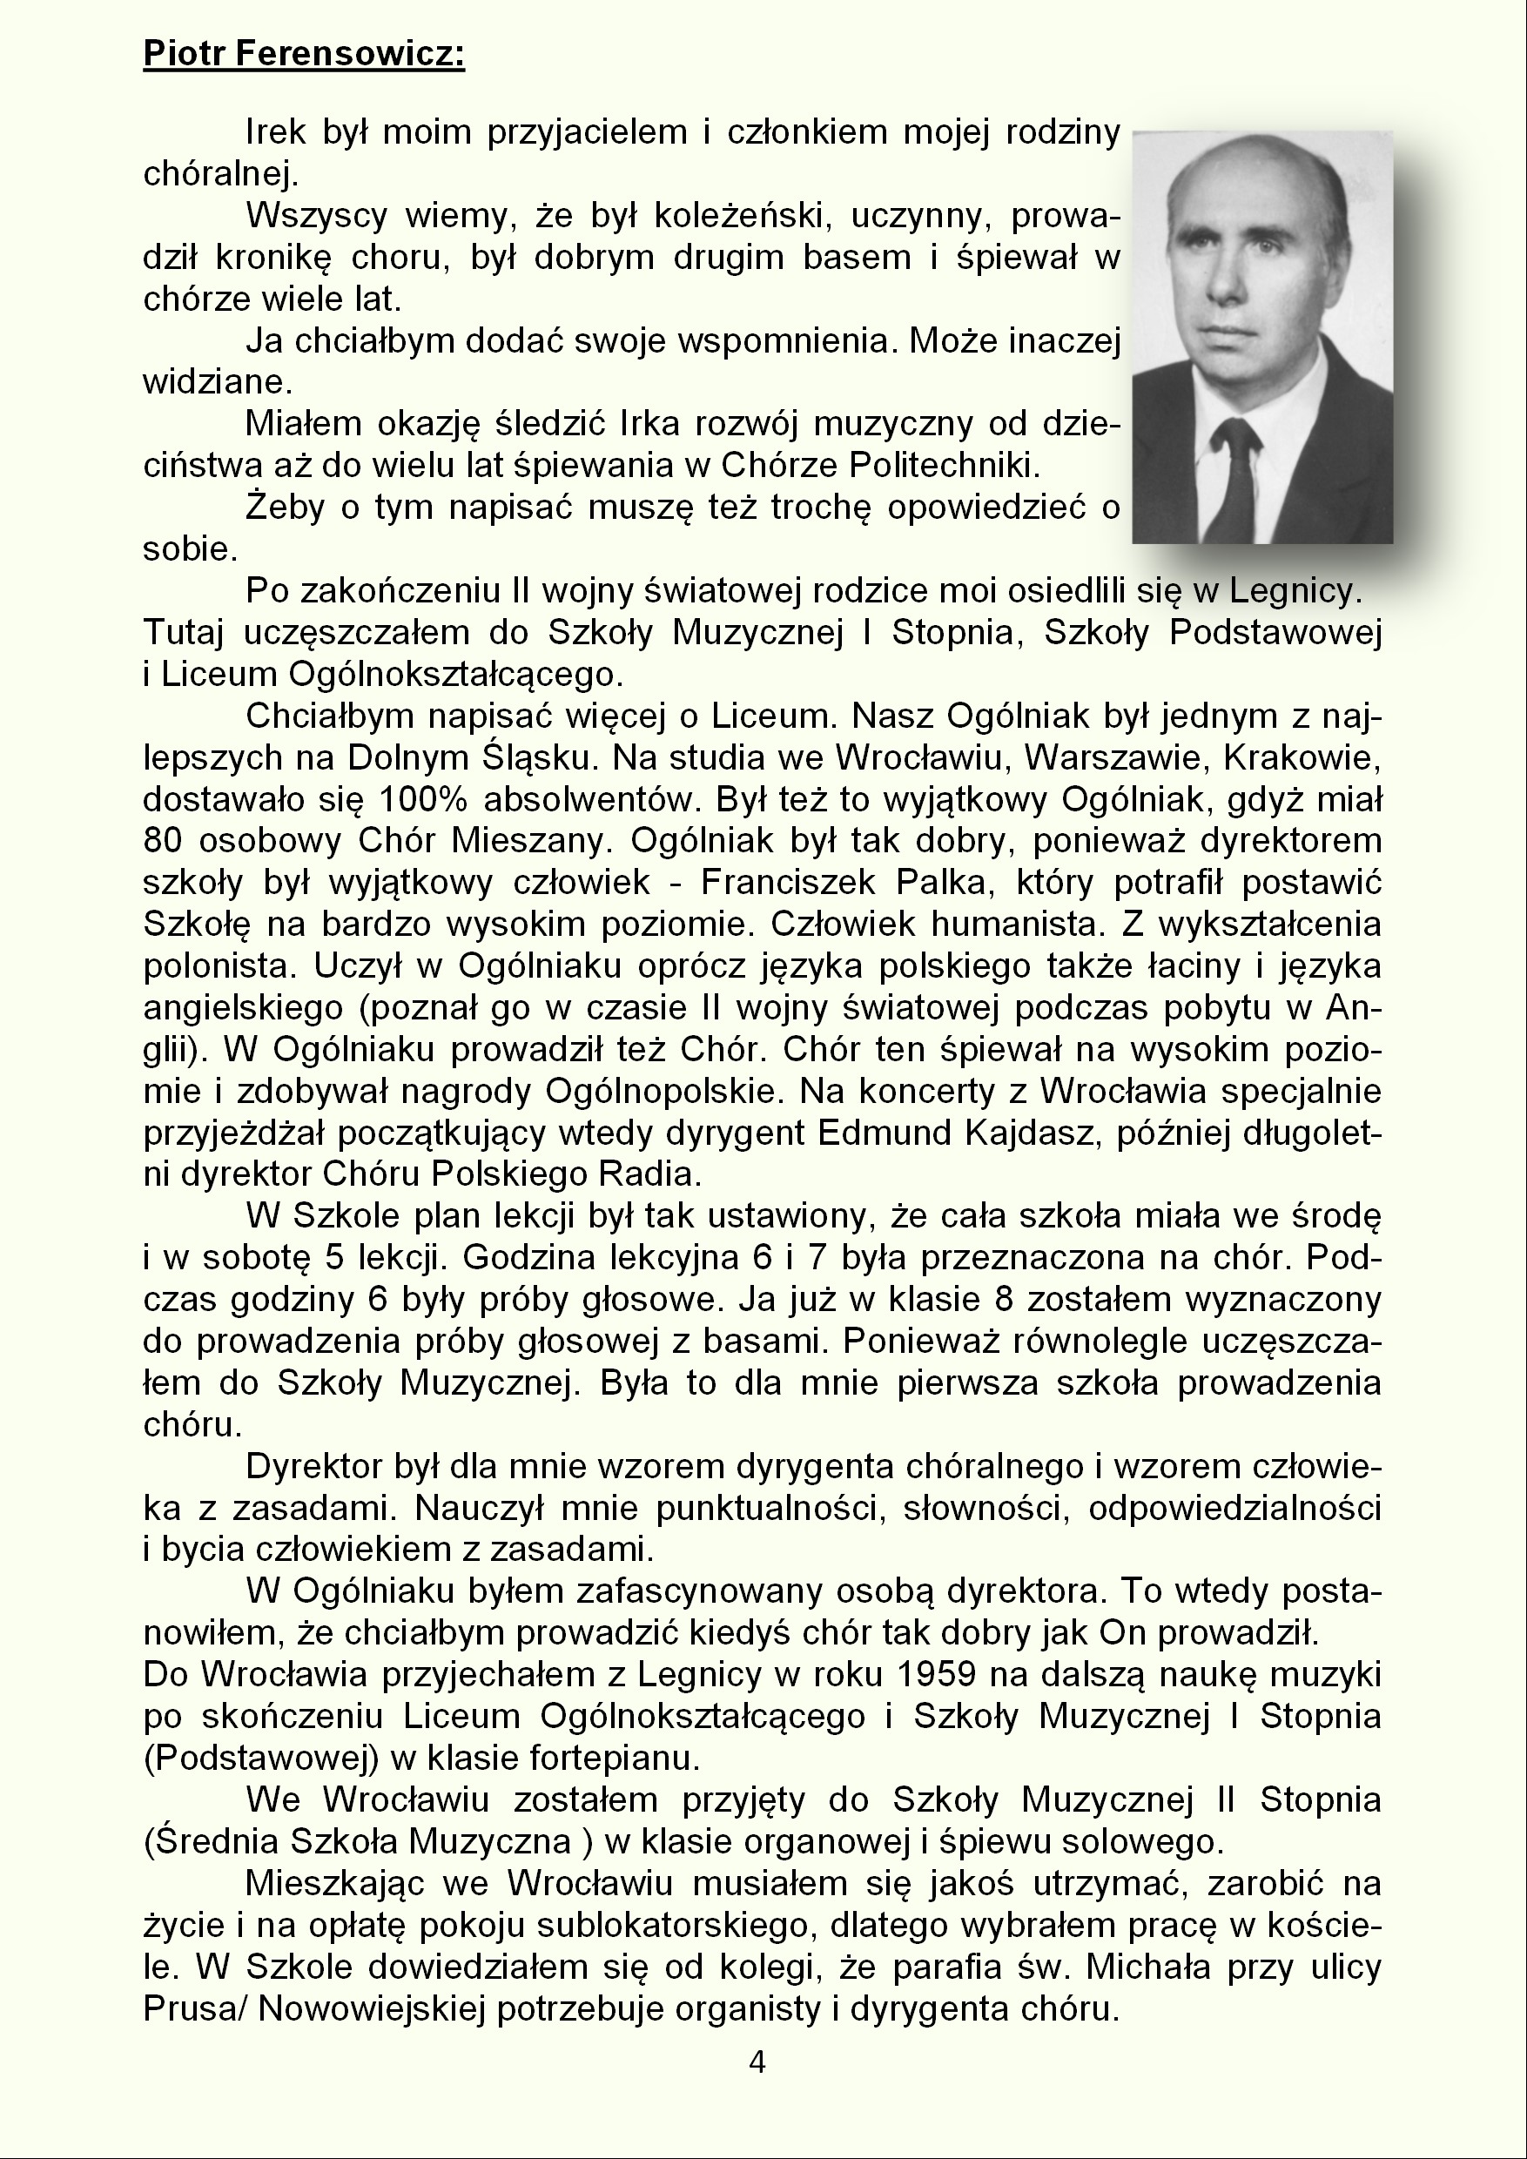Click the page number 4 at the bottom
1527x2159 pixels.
757,2062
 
